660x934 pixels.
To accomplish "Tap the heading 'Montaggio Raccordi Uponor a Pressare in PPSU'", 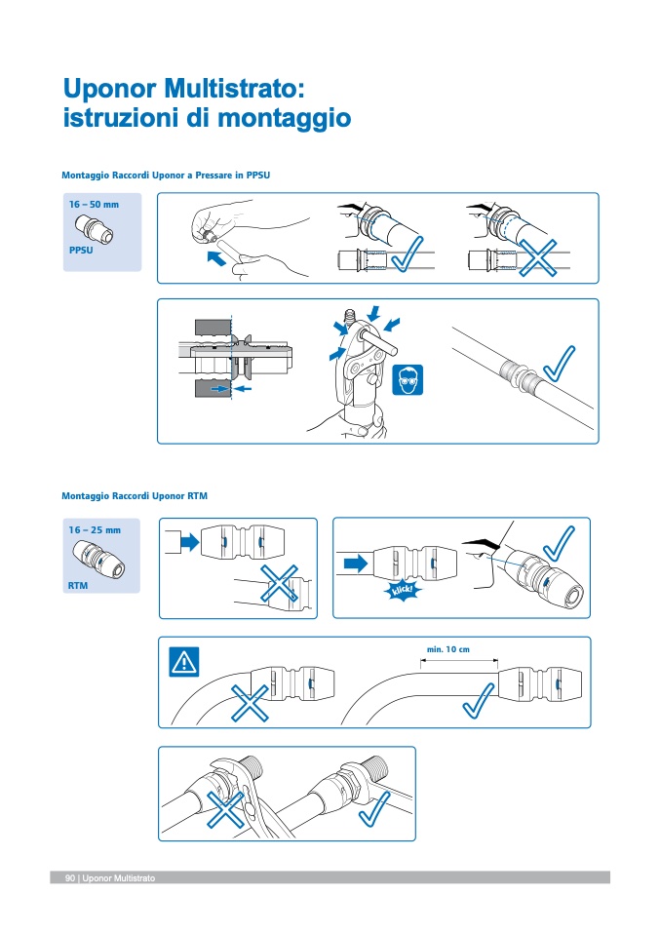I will tap(165, 175).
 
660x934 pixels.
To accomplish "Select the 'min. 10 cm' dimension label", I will tap(448, 649).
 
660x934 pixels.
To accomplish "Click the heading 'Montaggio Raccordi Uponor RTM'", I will tap(135, 496).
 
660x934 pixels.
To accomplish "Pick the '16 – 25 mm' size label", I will tap(95, 529).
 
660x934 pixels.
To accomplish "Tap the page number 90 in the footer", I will tap(70, 878).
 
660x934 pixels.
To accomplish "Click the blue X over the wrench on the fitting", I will tap(225, 806).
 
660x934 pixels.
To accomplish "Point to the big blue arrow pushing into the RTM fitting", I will tap(355, 563).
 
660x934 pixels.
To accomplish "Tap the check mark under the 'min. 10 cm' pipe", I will tap(481, 697).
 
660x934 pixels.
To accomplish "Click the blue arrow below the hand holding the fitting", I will tap(222, 258).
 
